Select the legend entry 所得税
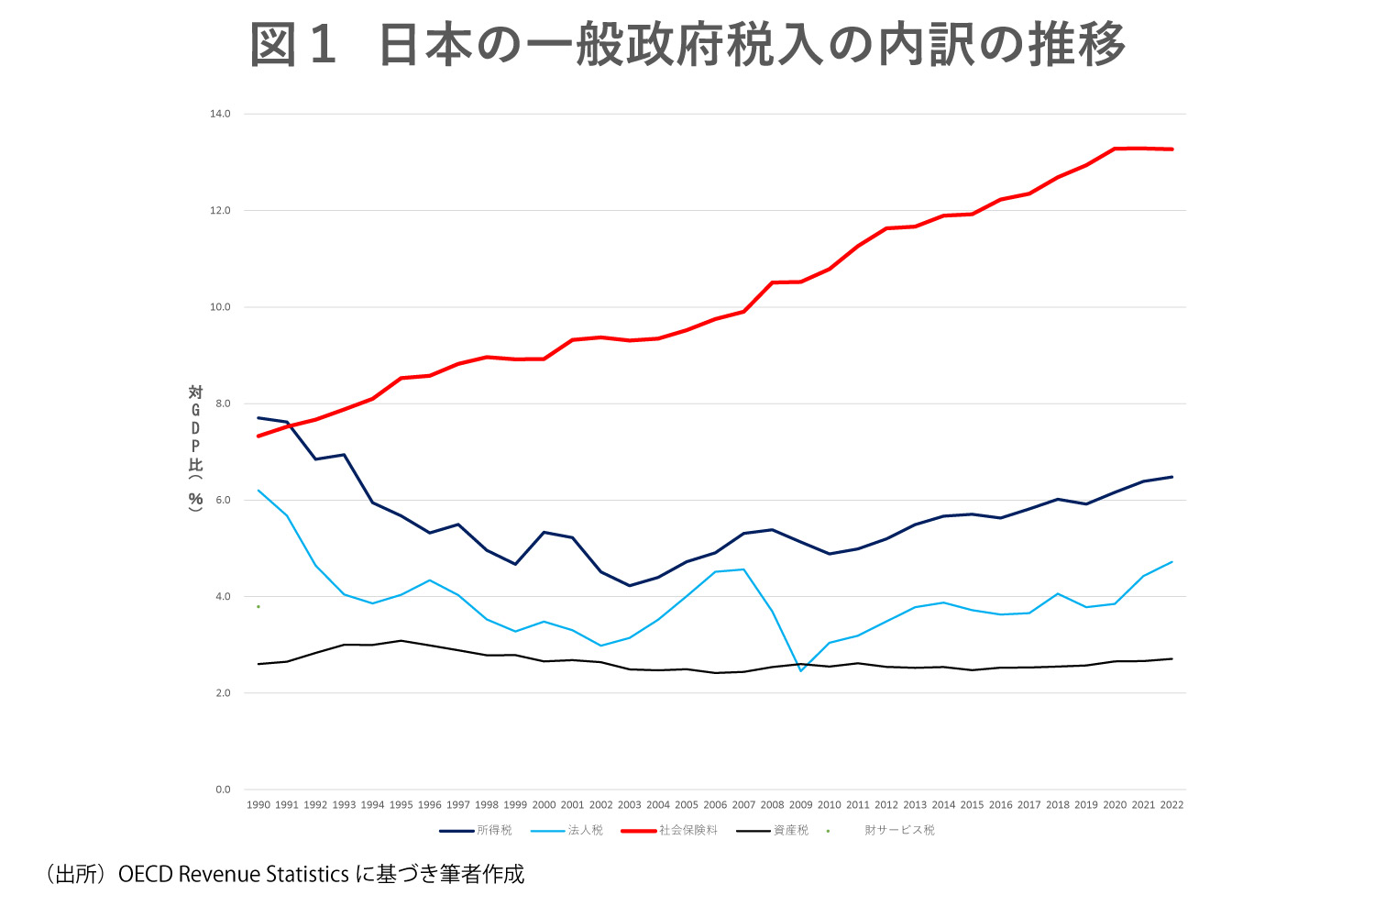494,831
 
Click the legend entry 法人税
585,831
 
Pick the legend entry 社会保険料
687,831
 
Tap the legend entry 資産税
790,831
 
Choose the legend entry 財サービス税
899,831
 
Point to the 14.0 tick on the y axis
220,114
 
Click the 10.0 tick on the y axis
220,307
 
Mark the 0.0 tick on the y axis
223,790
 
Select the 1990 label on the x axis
258,805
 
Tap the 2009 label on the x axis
800,805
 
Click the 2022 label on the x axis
1171,805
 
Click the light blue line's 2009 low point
801,671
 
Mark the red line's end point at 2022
1171,149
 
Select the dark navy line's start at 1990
258,418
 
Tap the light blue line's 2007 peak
743,569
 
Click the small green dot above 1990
258,606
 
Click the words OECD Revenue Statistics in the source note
234,875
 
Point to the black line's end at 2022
1171,658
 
